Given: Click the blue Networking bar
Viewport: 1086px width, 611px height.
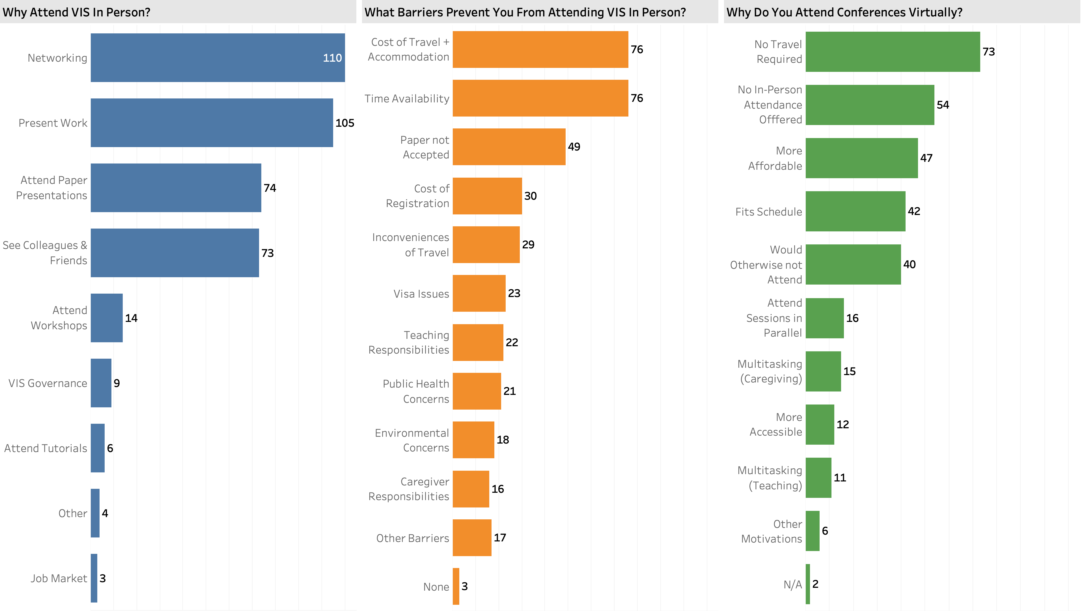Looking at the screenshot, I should (217, 58).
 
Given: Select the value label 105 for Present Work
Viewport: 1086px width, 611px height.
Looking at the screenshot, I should (344, 123).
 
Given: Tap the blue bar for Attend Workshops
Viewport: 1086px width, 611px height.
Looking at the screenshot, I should (107, 318).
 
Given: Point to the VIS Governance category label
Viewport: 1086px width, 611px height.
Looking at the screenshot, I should (48, 383).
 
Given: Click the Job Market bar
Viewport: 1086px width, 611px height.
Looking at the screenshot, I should (94, 578).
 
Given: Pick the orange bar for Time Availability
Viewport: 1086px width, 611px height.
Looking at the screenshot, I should (540, 98).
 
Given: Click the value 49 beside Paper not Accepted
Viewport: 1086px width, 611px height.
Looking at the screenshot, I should (574, 147).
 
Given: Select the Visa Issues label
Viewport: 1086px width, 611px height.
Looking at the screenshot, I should (421, 294).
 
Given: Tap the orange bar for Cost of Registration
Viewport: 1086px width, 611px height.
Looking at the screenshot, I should (487, 196).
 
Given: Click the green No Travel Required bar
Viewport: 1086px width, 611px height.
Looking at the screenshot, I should (893, 52).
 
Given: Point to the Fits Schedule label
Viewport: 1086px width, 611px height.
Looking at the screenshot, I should (769, 212).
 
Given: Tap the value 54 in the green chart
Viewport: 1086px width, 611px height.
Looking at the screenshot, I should (943, 105).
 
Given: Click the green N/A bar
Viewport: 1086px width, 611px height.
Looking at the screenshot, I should (808, 584).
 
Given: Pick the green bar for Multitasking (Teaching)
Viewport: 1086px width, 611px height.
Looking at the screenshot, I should (818, 478).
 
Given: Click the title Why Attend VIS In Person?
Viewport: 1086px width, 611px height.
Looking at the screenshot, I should (76, 12).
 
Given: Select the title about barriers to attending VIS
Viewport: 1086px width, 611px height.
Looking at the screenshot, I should (525, 12).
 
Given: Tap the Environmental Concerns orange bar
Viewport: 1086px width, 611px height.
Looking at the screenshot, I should (473, 440).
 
